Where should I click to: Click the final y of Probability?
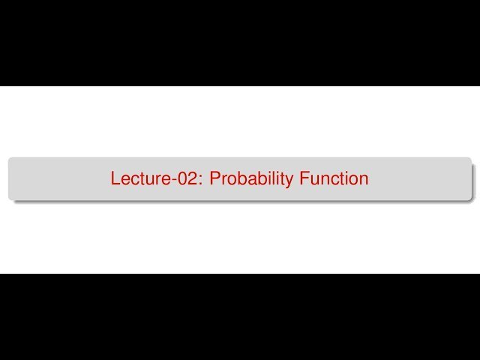pos(289,181)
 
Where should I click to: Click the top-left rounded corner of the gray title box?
pos(10,160)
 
